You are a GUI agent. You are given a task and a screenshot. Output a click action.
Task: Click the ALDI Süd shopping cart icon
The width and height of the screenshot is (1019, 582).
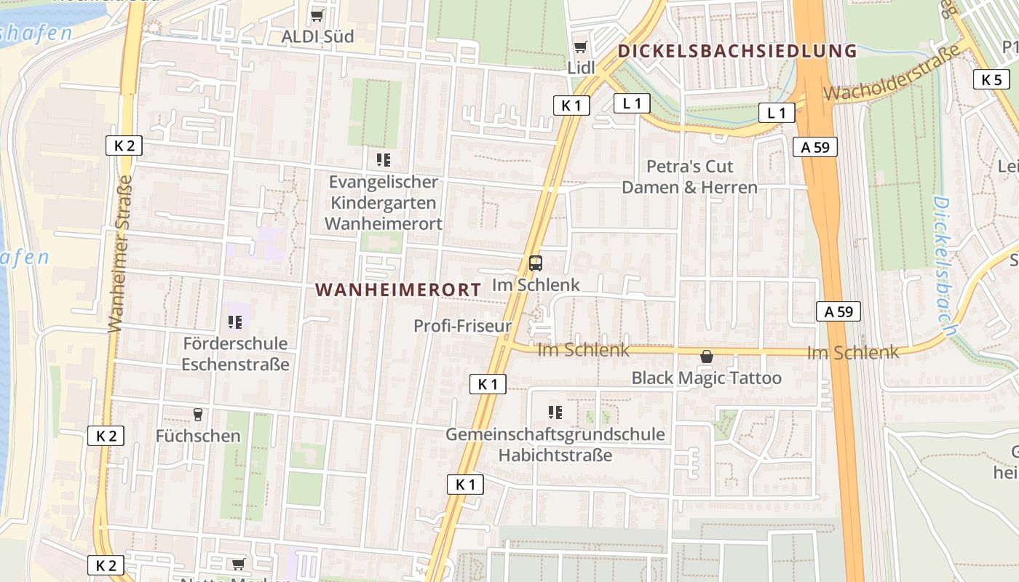point(317,15)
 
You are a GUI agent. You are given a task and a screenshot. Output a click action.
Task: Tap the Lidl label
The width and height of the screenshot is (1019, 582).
point(581,67)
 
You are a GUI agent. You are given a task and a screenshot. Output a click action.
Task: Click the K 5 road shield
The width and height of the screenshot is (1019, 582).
point(991,79)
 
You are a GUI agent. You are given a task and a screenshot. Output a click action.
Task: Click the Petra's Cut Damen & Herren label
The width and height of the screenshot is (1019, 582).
point(689,177)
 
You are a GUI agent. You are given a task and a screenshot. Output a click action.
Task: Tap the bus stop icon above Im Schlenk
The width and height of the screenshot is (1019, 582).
point(536,263)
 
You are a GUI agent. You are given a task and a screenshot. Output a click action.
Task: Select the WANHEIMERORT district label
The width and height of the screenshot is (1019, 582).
point(398,290)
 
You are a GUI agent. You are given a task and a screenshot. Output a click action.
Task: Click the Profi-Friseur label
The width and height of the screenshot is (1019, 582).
point(463,326)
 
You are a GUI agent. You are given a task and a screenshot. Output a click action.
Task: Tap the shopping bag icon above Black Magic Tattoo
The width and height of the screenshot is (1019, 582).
point(706,356)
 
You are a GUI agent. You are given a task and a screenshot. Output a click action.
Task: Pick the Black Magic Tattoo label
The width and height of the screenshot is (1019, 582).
point(706,378)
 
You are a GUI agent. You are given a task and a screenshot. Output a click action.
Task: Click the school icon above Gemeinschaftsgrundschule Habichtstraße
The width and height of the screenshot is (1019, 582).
point(555,412)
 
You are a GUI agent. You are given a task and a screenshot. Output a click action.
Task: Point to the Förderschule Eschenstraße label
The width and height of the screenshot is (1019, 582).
point(235,354)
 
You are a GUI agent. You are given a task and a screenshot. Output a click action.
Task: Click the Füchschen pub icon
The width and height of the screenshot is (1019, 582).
point(197,415)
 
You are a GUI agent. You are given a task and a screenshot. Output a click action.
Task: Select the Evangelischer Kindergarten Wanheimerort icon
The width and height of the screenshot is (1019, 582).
point(383,160)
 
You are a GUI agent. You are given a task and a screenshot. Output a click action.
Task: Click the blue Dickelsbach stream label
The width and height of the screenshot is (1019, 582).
point(945,266)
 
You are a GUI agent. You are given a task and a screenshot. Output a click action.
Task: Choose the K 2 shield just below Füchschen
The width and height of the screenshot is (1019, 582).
point(106,436)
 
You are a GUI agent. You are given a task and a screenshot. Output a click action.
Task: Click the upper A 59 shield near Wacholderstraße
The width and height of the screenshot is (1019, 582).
point(815,147)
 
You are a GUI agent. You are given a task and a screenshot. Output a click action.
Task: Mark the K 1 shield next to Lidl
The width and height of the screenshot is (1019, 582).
point(571,105)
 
